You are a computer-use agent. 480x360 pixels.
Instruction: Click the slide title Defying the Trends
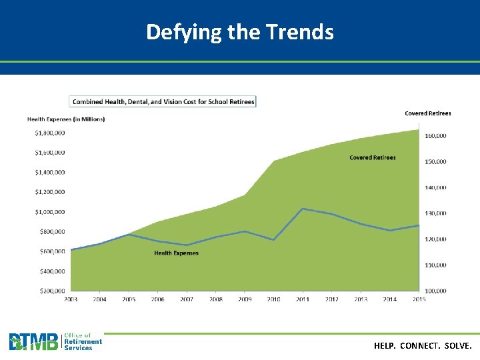[x=240, y=31]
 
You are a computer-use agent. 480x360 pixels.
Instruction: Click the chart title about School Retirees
[x=163, y=101]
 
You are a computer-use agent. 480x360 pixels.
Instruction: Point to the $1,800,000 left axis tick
[x=50, y=133]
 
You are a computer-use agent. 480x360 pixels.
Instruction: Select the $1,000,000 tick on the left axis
[x=50, y=212]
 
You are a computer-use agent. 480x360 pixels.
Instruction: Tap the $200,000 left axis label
[x=51, y=291]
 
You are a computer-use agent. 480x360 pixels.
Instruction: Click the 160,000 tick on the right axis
[x=436, y=136]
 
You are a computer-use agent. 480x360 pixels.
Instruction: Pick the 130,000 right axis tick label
[x=436, y=213]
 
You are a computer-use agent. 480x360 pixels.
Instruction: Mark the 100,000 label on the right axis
[x=436, y=291]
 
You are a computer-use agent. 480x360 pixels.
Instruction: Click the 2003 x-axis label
[x=71, y=300]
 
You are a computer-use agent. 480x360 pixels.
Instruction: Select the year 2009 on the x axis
[x=245, y=300]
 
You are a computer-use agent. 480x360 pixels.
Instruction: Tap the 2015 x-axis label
[x=419, y=300]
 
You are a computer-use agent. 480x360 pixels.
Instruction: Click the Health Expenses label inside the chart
[x=176, y=253]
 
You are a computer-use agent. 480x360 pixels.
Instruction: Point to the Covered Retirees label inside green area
[x=373, y=157]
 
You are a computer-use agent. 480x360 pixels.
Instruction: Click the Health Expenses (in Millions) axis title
[x=66, y=119]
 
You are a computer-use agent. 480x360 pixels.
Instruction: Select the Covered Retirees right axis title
[x=427, y=113]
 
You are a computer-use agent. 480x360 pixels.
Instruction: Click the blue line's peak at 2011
[x=303, y=209]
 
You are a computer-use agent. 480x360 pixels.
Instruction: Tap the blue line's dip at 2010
[x=274, y=240]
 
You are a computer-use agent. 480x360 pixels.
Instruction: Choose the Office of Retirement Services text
[x=83, y=342]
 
